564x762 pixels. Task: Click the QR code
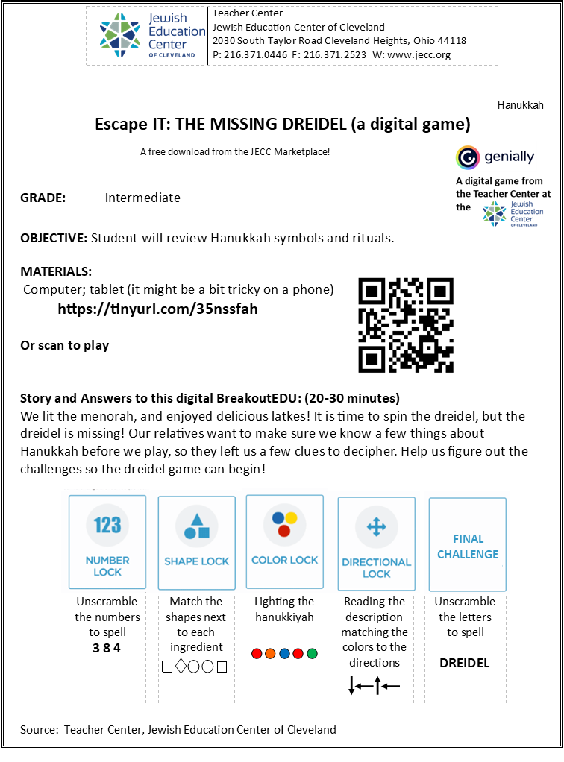[406, 325]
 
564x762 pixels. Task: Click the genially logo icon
[468, 157]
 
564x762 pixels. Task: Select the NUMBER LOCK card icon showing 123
[107, 526]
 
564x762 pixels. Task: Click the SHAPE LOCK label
[196, 561]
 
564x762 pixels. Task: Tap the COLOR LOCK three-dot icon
[284, 524]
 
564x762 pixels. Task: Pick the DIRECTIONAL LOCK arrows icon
[376, 527]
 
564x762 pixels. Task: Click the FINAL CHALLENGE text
[468, 547]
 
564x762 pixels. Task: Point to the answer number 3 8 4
[107, 648]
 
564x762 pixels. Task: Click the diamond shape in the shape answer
[181, 667]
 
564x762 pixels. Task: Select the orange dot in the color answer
[271, 654]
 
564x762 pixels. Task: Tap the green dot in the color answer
[312, 654]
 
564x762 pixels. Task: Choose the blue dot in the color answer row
[284, 654]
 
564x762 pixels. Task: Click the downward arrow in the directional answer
[352, 686]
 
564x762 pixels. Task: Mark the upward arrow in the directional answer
[377, 686]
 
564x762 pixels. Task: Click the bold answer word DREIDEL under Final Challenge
[464, 664]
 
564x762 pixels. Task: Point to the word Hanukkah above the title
[520, 105]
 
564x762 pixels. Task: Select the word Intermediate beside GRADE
[142, 198]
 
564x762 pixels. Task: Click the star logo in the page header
[119, 36]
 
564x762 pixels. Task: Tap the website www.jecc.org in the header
[419, 55]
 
